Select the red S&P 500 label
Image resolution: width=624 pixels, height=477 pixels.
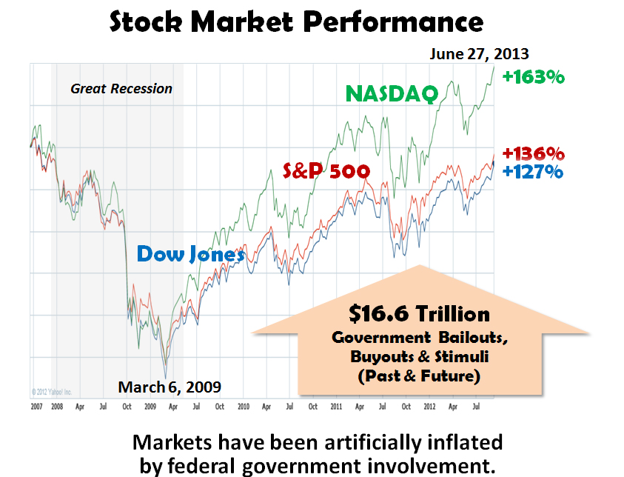(327, 171)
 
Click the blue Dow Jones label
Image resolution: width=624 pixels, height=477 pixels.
(190, 255)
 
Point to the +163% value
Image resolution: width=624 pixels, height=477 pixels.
(533, 77)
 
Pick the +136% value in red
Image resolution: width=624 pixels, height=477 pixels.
(533, 154)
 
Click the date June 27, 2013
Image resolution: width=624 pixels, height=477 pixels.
(480, 53)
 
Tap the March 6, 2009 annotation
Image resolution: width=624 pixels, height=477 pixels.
(170, 387)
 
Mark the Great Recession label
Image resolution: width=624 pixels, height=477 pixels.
(121, 89)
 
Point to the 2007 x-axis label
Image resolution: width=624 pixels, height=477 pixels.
(36, 407)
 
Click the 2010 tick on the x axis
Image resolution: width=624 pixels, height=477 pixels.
(244, 407)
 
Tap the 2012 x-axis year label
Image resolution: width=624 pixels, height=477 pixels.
(429, 407)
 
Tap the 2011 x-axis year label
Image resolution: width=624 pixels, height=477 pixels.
(336, 407)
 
